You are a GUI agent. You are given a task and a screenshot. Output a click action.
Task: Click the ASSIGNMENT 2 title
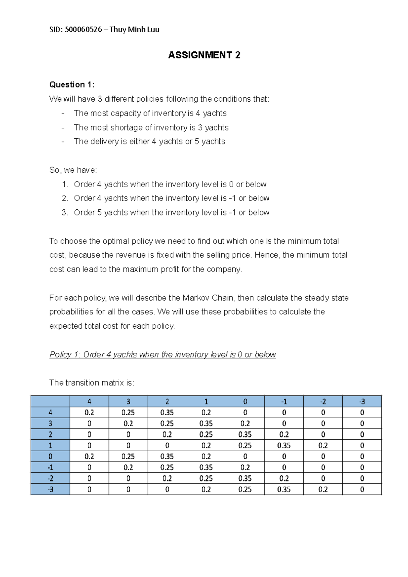click(x=204, y=55)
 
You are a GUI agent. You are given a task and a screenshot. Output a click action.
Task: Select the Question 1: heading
click(x=72, y=85)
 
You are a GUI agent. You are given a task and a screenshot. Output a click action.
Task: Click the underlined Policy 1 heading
click(x=163, y=354)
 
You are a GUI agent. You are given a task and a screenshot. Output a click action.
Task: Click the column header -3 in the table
click(x=362, y=402)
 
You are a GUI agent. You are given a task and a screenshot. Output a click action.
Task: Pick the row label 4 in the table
click(x=50, y=413)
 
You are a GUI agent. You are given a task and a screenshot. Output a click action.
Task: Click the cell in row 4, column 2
click(x=167, y=413)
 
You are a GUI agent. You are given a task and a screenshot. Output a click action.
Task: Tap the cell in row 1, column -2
click(x=323, y=445)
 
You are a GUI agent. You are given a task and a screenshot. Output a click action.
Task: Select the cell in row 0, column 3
click(x=128, y=456)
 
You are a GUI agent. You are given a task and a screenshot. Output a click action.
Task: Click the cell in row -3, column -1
click(x=284, y=489)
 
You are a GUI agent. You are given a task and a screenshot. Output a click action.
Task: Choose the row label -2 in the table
click(x=50, y=478)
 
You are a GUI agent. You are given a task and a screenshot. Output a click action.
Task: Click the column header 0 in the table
click(x=245, y=402)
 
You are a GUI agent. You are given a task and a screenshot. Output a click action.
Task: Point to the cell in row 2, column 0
click(x=245, y=435)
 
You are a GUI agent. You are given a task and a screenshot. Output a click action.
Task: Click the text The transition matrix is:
click(x=92, y=383)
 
